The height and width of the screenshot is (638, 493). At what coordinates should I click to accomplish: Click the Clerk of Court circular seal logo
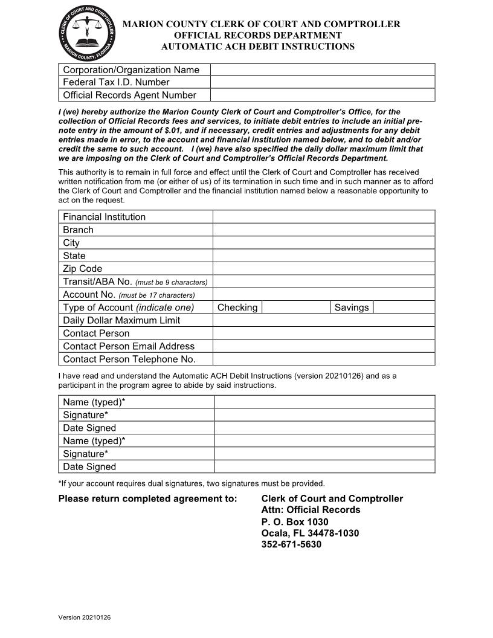click(88, 31)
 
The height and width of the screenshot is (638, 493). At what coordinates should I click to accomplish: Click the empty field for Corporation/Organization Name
click(322, 69)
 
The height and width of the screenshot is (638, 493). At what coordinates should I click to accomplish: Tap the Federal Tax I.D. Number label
click(116, 82)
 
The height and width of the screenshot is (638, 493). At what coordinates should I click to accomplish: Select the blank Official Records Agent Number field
click(322, 95)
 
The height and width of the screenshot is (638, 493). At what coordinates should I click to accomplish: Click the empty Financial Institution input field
click(323, 217)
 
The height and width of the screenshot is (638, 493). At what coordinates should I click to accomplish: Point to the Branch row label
click(79, 230)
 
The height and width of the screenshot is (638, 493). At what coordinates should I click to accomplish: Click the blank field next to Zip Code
click(323, 269)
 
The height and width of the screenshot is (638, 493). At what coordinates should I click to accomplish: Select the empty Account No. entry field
click(323, 295)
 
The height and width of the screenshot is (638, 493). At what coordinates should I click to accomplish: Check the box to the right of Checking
click(295, 308)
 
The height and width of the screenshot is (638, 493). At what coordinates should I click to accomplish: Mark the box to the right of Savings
click(404, 308)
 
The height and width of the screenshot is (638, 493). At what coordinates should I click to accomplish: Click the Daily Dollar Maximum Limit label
click(121, 320)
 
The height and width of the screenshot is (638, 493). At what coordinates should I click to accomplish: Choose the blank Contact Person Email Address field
click(323, 346)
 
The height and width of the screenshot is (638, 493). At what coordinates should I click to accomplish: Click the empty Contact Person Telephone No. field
click(323, 359)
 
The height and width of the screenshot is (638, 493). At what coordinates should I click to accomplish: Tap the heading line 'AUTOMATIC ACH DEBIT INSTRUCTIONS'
click(258, 47)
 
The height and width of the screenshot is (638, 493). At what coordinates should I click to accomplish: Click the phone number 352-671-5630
click(291, 544)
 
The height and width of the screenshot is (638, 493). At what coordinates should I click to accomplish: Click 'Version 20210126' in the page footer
click(85, 617)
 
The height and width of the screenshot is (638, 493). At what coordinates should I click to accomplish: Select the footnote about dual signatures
click(192, 483)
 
